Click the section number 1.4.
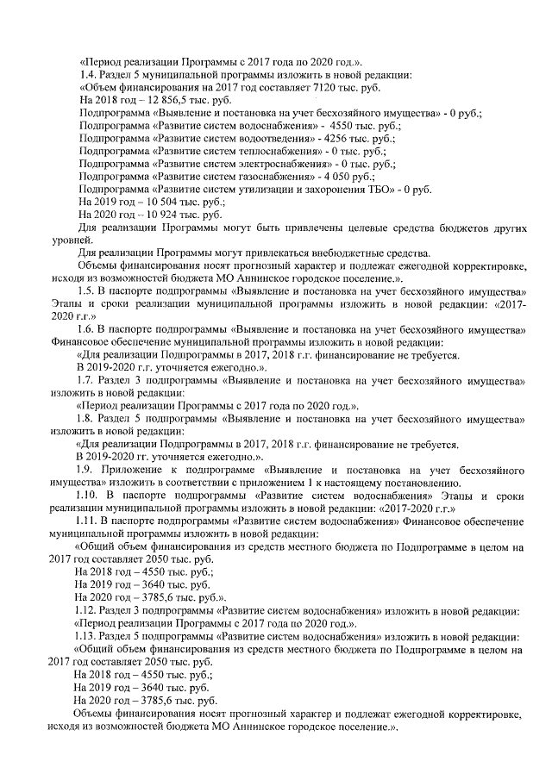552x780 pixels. pyautogui.click(x=86, y=75)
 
